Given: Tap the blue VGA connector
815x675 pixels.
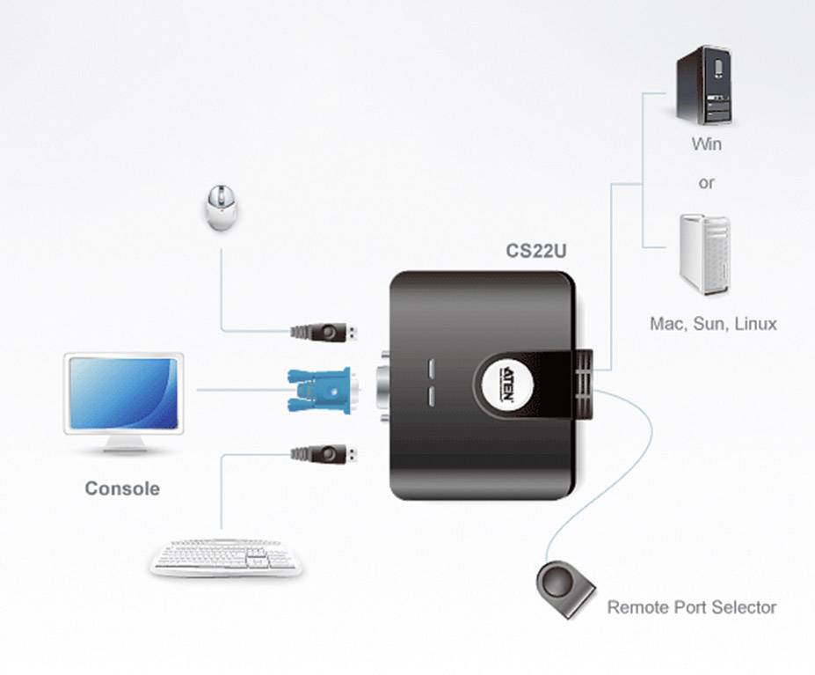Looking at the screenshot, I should pyautogui.click(x=318, y=390).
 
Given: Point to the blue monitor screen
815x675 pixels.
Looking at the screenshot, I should pyautogui.click(x=123, y=393).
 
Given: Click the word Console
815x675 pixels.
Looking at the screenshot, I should pyautogui.click(x=122, y=488).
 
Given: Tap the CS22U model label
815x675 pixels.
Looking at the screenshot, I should pyautogui.click(x=535, y=251).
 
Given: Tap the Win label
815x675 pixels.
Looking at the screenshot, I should pyautogui.click(x=706, y=143).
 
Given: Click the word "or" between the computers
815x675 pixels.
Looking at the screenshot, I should pyautogui.click(x=706, y=184).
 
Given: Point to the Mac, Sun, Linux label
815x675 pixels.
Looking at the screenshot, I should pyautogui.click(x=713, y=324).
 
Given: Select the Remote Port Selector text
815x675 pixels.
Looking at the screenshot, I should pyautogui.click(x=692, y=607).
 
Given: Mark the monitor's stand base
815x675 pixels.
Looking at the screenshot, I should pyautogui.click(x=123, y=449).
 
